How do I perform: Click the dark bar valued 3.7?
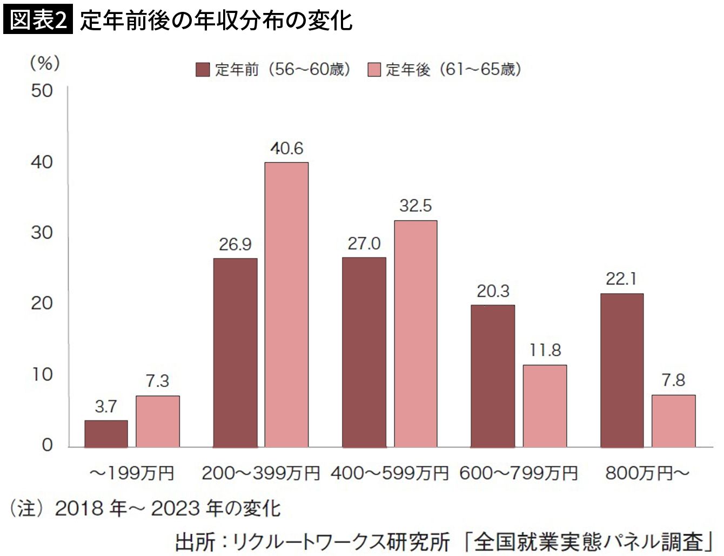[106, 434]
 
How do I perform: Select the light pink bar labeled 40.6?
[286, 305]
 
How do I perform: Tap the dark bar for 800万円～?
[622, 371]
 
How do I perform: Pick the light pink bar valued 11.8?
[545, 406]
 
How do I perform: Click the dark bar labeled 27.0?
[364, 352]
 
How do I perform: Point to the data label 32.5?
[415, 206]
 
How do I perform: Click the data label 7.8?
[673, 381]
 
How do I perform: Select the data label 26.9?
[235, 245]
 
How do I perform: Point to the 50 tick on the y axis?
[42, 91]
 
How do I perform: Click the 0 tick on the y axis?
[48, 445]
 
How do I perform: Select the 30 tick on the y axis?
[42, 233]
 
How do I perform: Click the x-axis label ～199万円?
[132, 473]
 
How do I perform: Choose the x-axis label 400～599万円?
[390, 473]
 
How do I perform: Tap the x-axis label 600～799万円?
[519, 473]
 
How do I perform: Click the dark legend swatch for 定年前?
[203, 70]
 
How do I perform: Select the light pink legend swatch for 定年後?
[374, 70]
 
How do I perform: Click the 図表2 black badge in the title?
[38, 19]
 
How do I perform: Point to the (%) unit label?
[45, 63]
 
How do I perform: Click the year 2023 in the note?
[176, 508]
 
